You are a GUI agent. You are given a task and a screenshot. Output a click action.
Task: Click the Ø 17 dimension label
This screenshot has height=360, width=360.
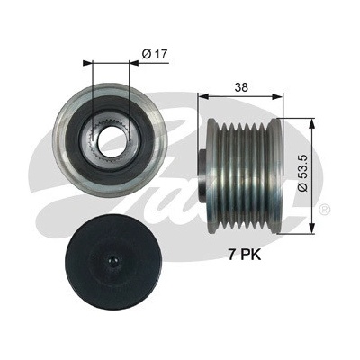[154, 54]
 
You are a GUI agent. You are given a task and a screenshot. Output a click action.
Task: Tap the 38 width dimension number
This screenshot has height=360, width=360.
[241, 87]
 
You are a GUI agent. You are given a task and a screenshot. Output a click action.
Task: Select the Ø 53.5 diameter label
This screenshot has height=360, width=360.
[303, 173]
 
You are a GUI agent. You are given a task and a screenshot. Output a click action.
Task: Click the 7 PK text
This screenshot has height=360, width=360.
[245, 256]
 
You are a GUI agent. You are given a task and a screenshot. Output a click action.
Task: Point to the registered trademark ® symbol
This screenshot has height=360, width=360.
[325, 210]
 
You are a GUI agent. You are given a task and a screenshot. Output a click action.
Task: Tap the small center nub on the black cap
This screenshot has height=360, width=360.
[112, 260]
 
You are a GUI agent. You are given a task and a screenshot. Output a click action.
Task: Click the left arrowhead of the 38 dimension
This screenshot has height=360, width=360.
[203, 96]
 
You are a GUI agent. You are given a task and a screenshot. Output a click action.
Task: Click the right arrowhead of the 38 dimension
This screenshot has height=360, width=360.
[277, 96]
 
